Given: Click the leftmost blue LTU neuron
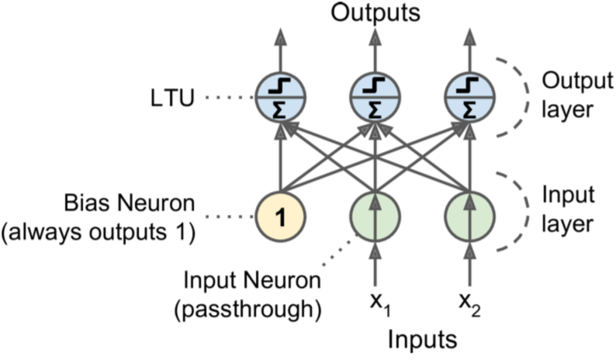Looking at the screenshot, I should pyautogui.click(x=282, y=98).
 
